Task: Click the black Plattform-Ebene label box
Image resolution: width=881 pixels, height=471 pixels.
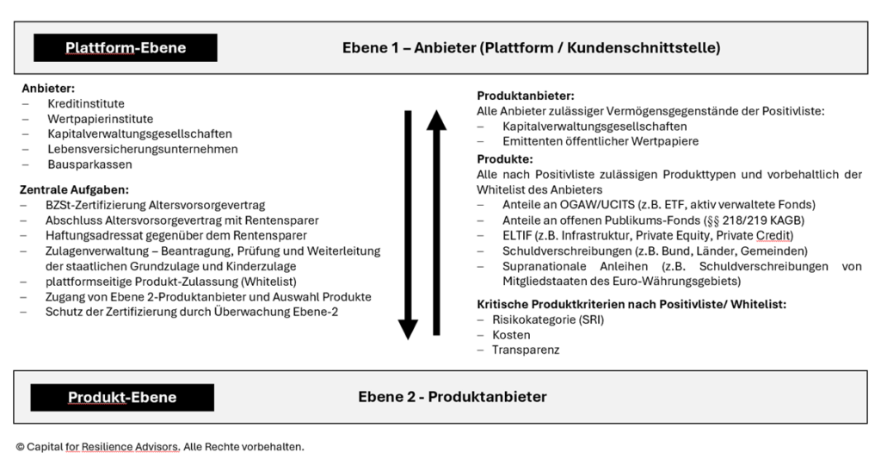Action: (x=126, y=47)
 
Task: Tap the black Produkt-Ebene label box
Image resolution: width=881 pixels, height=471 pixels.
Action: (x=122, y=397)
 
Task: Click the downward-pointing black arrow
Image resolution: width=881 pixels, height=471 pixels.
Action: (x=408, y=225)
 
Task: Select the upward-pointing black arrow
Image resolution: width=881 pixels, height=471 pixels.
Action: (x=436, y=222)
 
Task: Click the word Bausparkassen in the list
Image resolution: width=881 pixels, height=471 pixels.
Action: (x=89, y=164)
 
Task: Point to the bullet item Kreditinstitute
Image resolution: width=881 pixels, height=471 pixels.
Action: (x=86, y=104)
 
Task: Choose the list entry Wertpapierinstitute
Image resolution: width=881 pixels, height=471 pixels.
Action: (x=100, y=119)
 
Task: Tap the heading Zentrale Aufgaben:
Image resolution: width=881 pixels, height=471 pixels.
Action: (x=74, y=190)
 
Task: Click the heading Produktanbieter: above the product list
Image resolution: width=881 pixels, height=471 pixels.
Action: (x=526, y=96)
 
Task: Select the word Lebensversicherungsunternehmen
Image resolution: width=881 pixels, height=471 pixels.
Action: (x=143, y=150)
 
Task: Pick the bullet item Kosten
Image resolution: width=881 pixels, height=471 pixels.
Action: (x=511, y=335)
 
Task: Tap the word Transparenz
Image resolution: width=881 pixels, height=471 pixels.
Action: (x=526, y=350)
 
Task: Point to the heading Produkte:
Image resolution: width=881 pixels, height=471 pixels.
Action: (x=504, y=159)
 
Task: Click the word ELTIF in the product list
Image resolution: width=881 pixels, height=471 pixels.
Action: (x=517, y=236)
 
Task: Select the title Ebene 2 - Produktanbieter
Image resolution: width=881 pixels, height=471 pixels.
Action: (x=453, y=397)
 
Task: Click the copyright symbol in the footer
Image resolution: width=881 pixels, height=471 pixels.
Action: (x=21, y=448)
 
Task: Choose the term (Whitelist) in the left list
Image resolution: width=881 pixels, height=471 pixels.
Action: (x=268, y=282)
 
